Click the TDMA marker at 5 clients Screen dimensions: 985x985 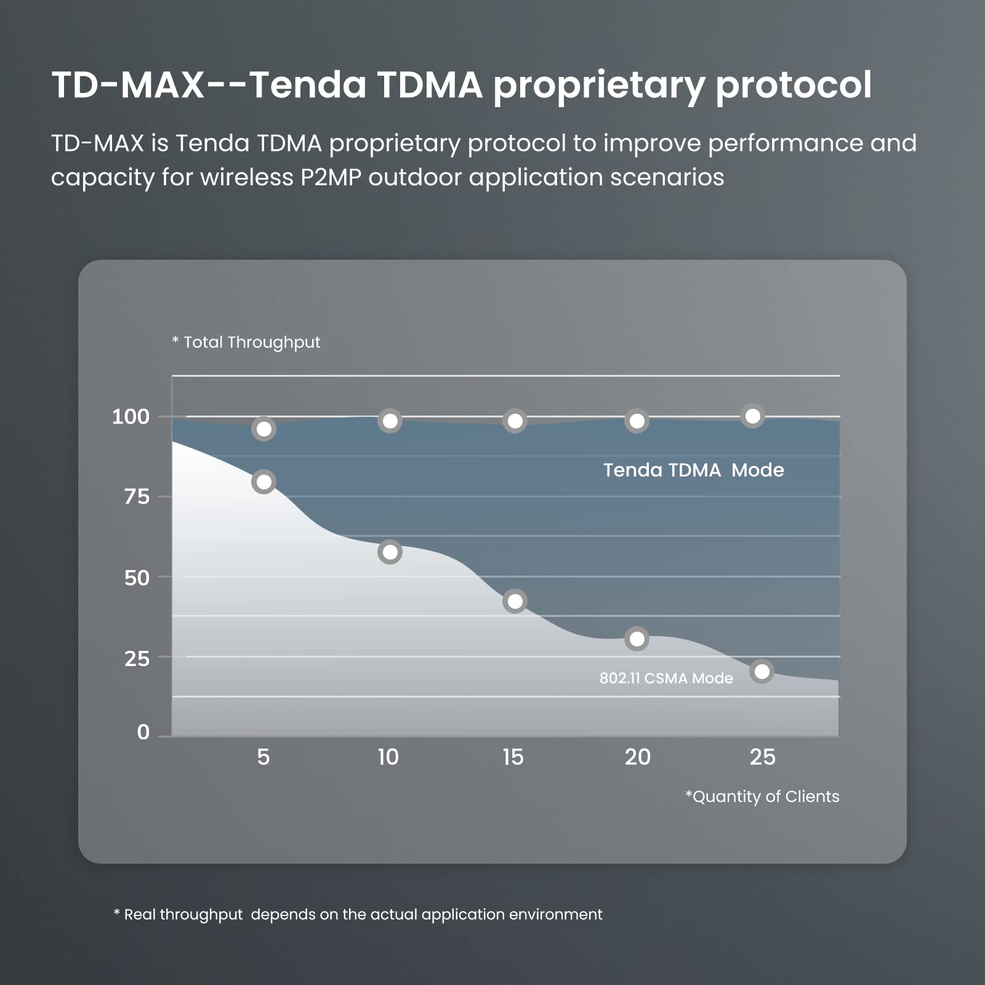(263, 429)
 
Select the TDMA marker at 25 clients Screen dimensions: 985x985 (752, 416)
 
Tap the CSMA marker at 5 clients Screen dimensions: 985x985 (263, 482)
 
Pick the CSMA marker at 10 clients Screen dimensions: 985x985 (390, 552)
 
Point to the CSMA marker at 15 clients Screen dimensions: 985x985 (515, 601)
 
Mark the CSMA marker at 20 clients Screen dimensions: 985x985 (637, 639)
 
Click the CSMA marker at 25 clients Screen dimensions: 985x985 (762, 672)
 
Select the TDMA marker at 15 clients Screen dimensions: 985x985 (515, 421)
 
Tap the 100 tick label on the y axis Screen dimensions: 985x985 (131, 417)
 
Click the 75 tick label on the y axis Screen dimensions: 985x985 (137, 497)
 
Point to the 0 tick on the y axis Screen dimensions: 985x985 (143, 732)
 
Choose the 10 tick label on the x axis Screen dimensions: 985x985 (388, 757)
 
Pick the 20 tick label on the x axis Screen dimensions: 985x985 (637, 757)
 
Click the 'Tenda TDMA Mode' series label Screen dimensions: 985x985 (693, 470)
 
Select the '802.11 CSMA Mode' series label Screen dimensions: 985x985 (666, 678)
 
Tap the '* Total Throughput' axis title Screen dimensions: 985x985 (246, 342)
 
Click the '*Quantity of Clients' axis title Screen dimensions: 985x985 (762, 797)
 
